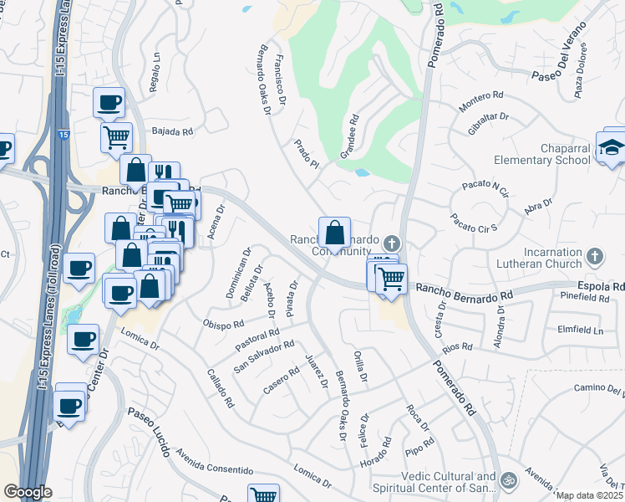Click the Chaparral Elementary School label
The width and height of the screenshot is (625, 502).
coord(541,153)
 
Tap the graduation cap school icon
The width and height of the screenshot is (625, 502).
coord(612,147)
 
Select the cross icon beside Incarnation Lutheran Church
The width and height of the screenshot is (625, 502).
coord(595,256)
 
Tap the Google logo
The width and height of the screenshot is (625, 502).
coord(28,491)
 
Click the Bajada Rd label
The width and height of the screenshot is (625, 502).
coord(173,131)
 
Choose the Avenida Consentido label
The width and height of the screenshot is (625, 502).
coord(214,465)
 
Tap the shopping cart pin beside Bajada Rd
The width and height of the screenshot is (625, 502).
coord(116,136)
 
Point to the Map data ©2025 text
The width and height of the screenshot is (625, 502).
coord(589,495)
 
